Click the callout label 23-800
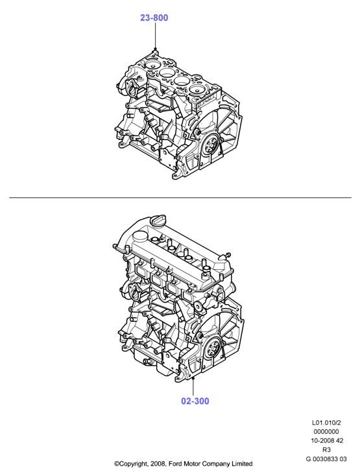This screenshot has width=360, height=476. point(154,18)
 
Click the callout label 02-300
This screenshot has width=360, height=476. point(195,401)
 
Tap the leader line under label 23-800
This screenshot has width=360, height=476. point(155,36)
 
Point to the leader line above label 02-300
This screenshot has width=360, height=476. point(193,387)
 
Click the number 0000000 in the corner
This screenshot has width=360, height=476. point(326,431)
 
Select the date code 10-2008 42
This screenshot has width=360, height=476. point(327,440)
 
